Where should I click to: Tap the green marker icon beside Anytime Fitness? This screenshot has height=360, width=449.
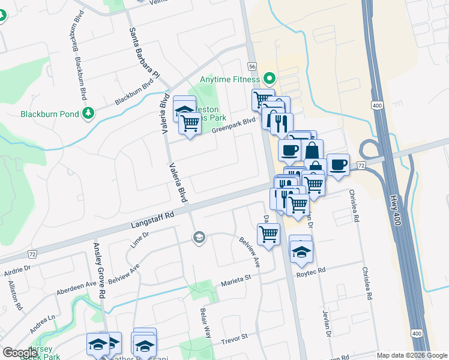tap(270, 79)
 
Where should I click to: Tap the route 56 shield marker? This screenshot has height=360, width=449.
tap(252, 66)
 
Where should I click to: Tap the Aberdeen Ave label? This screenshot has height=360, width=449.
tap(76, 287)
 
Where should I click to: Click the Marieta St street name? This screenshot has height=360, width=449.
tap(235, 281)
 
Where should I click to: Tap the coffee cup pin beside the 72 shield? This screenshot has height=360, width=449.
tap(338, 164)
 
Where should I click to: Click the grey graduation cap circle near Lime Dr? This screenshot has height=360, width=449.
tap(198, 238)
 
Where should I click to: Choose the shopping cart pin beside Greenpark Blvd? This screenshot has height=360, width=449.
tap(190, 122)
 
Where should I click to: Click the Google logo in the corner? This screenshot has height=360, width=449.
tap(20, 353)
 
